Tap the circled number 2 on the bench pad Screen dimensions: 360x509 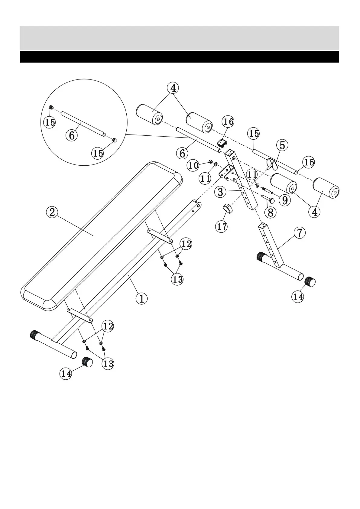coord(52,212)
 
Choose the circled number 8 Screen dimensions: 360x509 coord(270,212)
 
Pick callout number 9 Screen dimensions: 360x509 coord(285,200)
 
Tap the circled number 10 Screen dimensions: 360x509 coord(193,165)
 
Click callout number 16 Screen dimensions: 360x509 coord(228,122)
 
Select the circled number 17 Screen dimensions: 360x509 coord(222,226)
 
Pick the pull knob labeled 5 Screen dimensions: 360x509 coord(272,164)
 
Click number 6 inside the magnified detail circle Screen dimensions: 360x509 coord(72,135)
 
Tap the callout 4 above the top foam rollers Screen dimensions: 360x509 coord(173,88)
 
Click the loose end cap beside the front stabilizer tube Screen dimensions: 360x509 coord(87,361)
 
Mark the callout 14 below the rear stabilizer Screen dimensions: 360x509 coord(298,297)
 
